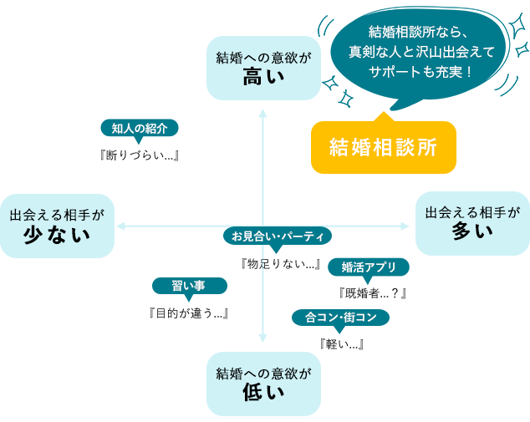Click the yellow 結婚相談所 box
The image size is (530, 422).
click(x=383, y=144)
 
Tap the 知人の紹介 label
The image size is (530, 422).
click(x=140, y=129)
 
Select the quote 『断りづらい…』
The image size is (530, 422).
click(x=140, y=155)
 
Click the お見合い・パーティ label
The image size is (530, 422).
click(x=278, y=236)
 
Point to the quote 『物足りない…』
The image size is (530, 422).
click(x=281, y=264)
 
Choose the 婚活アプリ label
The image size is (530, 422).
click(x=369, y=267)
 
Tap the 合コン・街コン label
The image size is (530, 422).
click(x=341, y=318)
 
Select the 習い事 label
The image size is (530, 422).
click(x=188, y=286)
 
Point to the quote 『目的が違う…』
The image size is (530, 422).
click(x=188, y=313)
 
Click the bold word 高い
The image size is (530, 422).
click(x=263, y=78)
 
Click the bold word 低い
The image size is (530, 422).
click(x=263, y=392)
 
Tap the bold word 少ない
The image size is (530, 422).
click(x=57, y=235)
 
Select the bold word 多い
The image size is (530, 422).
click(x=472, y=231)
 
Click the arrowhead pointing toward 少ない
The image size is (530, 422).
click(x=120, y=226)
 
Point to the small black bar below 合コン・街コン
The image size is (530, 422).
click(x=342, y=343)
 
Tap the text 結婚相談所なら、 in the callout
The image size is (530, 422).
click(x=421, y=32)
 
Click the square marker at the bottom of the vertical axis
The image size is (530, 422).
click(x=263, y=338)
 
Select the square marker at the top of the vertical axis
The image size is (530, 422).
click(x=263, y=112)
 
